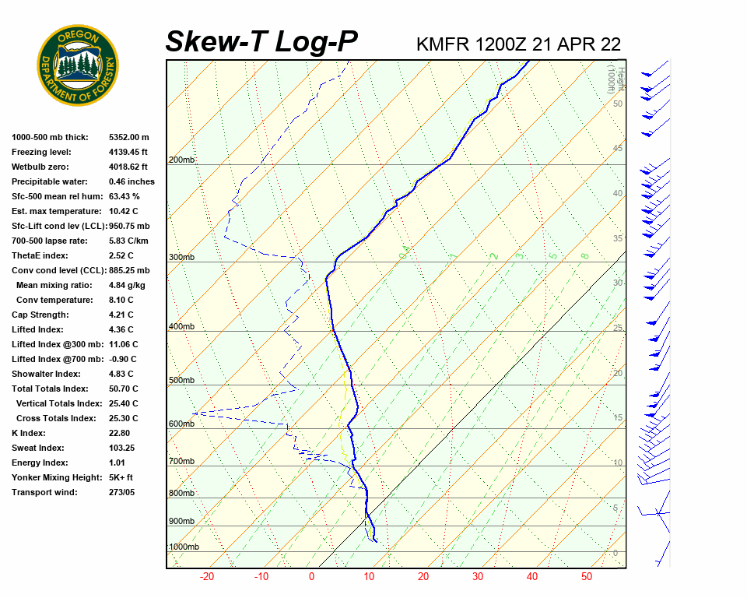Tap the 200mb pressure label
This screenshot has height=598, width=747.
click(x=181, y=160)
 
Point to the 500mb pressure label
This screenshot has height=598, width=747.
click(x=181, y=381)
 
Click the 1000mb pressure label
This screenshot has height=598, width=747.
click(x=184, y=547)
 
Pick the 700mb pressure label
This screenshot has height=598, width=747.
click(x=181, y=462)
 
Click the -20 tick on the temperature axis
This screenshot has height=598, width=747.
click(x=207, y=577)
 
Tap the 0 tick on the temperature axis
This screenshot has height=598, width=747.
click(x=311, y=577)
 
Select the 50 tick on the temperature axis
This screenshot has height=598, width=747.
click(x=587, y=577)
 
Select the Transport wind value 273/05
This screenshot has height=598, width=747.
click(x=122, y=492)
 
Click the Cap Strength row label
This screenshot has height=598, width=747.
click(x=40, y=315)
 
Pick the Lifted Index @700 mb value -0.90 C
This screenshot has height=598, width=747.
click(x=123, y=359)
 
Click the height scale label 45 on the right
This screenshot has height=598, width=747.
click(x=618, y=149)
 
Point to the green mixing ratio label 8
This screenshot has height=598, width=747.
click(x=584, y=255)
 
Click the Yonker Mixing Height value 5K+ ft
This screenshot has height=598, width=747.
click(x=121, y=477)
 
